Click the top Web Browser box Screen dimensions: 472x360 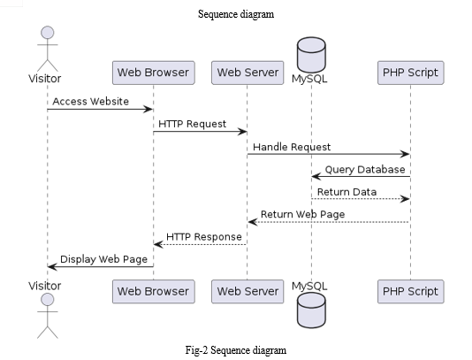(x=154, y=73)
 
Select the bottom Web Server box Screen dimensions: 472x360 (x=247, y=291)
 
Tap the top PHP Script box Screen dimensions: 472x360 (x=411, y=73)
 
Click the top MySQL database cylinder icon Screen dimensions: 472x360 (x=311, y=55)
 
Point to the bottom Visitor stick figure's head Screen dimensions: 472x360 (x=47, y=300)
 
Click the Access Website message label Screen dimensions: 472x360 (x=91, y=102)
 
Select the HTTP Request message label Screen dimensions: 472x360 (x=192, y=124)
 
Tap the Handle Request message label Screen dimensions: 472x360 (x=292, y=147)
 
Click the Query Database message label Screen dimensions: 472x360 (x=365, y=170)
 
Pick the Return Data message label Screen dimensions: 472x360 (x=346, y=192)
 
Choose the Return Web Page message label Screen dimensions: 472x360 (x=302, y=214)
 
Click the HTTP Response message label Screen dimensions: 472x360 (x=204, y=237)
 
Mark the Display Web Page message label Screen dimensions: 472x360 (x=103, y=259)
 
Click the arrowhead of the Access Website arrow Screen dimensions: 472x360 (x=148, y=109)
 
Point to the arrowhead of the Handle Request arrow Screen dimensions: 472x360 (x=405, y=154)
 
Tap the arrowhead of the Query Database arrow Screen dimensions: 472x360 (x=316, y=177)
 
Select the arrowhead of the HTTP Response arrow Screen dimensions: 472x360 (x=158, y=244)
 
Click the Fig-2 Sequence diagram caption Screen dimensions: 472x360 (x=236, y=350)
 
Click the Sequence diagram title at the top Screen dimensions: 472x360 (x=236, y=14)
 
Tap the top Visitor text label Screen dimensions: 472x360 (x=44, y=79)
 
